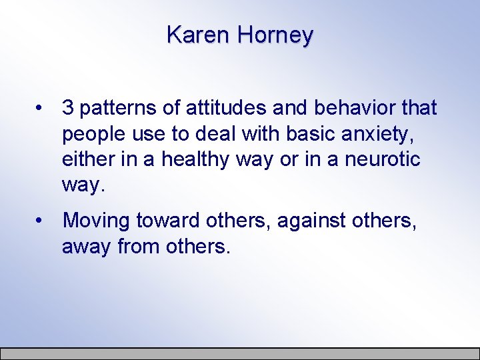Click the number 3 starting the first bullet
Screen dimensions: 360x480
tap(67, 108)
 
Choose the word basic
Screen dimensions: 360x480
tap(311, 133)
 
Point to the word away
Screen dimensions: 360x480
tap(87, 247)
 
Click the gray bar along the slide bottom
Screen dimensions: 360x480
tap(240, 353)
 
